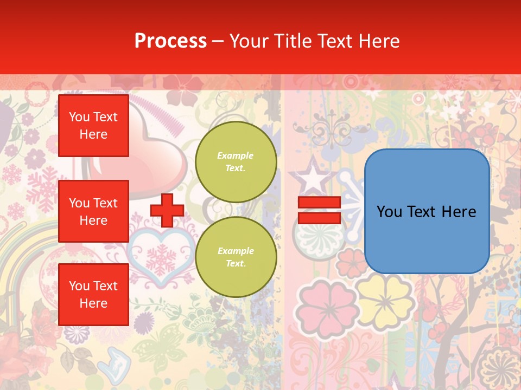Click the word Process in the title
pyautogui.click(x=170, y=41)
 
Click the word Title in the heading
pyautogui.click(x=292, y=41)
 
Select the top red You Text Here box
pyautogui.click(x=93, y=126)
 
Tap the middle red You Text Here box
pyautogui.click(x=93, y=211)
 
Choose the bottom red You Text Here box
pyautogui.click(x=93, y=294)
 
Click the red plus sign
pyautogui.click(x=167, y=211)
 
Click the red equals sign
pyautogui.click(x=319, y=210)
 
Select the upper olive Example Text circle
pyautogui.click(x=236, y=162)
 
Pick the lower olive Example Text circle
pyautogui.click(x=236, y=257)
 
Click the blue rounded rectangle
pyautogui.click(x=427, y=211)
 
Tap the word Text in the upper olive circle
pyautogui.click(x=236, y=168)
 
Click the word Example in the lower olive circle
pyautogui.click(x=236, y=251)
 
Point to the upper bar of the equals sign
pyautogui.click(x=319, y=203)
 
